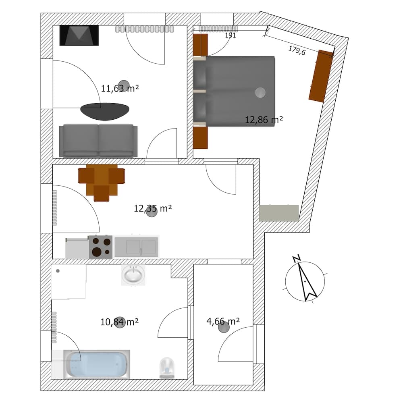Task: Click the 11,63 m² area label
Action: click(x=120, y=88)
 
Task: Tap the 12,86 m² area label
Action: click(x=264, y=120)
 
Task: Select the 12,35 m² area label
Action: click(x=153, y=208)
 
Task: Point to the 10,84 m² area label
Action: click(x=119, y=322)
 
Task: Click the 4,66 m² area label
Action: click(x=223, y=321)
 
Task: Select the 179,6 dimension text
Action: click(x=297, y=50)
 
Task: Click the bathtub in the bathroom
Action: click(x=97, y=364)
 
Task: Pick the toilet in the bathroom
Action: click(x=167, y=367)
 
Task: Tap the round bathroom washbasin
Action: click(x=133, y=276)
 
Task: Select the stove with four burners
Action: click(x=100, y=247)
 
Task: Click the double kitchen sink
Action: click(x=137, y=247)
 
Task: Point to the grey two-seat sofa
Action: click(x=98, y=141)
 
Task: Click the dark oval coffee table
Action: click(x=105, y=111)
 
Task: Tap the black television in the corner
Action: click(x=79, y=35)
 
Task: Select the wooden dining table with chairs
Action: click(x=102, y=181)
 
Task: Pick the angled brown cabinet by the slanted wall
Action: click(x=321, y=76)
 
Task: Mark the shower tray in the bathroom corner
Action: click(x=69, y=282)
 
